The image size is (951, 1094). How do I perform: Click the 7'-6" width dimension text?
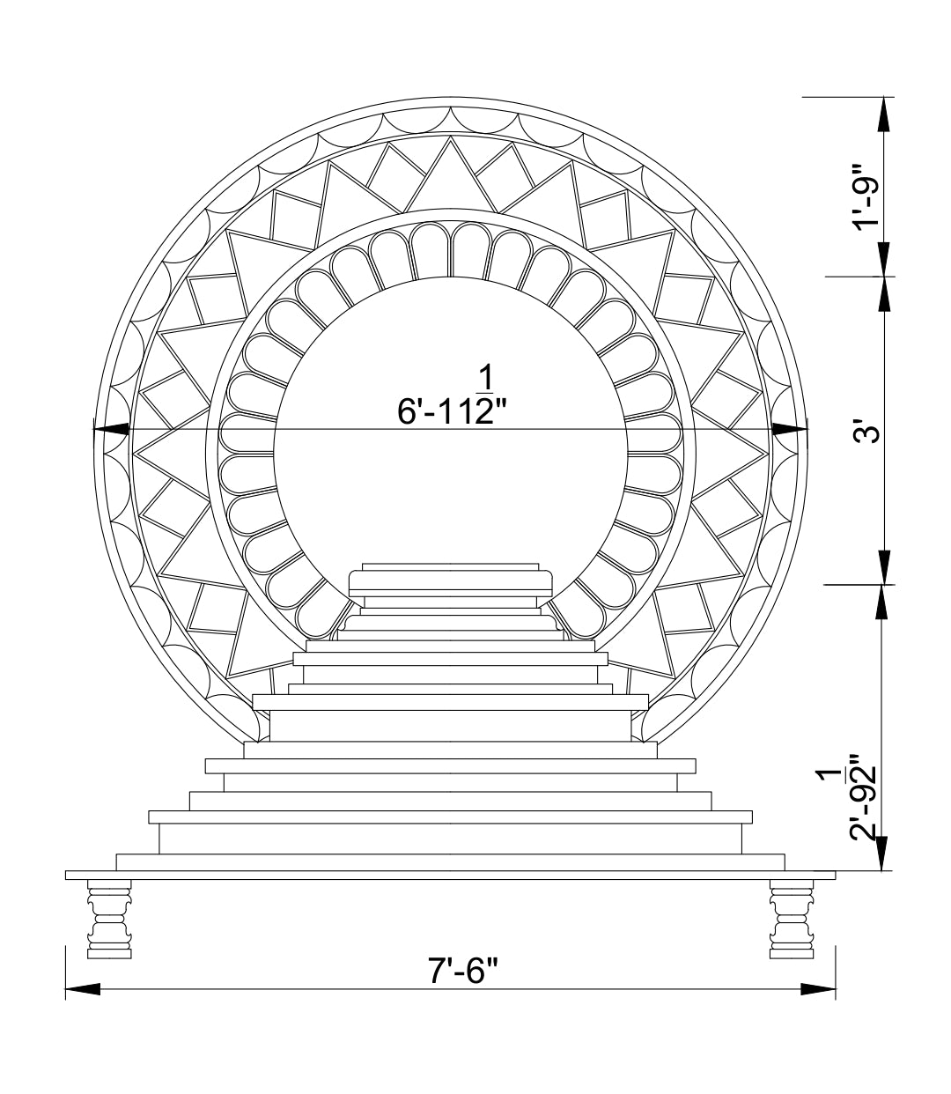click(462, 971)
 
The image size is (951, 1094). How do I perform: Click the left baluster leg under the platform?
click(109, 919)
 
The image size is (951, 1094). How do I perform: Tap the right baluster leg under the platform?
click(792, 919)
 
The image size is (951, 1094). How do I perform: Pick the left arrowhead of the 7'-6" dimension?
click(83, 989)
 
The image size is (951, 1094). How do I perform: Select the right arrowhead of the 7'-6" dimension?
click(818, 989)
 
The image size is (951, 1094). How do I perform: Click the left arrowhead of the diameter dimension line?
click(111, 429)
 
